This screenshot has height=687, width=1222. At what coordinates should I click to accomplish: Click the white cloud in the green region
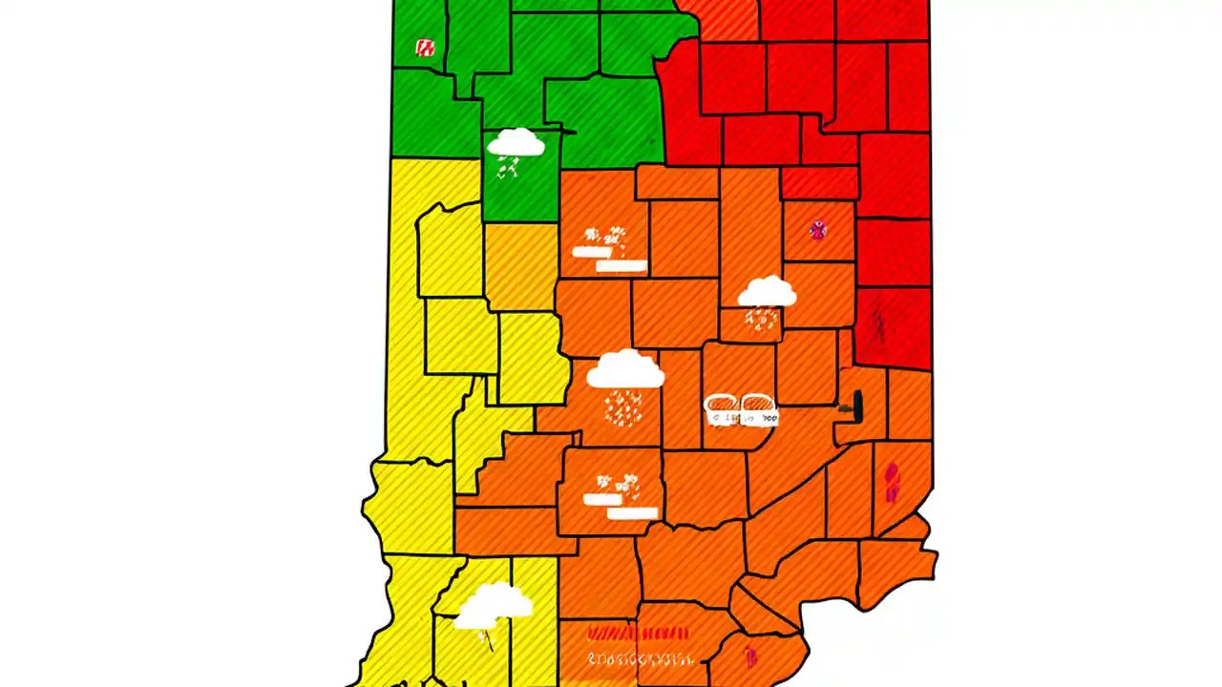click(516, 143)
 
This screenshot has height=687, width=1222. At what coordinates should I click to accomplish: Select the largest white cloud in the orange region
click(624, 369)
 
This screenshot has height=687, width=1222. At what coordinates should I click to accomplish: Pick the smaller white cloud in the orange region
click(767, 291)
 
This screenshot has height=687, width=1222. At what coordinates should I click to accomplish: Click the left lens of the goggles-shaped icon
click(722, 409)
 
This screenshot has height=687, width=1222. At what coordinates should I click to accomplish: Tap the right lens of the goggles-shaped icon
click(758, 409)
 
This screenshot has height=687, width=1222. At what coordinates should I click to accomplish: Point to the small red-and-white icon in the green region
click(425, 48)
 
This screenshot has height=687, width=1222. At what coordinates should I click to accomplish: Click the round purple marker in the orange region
click(817, 229)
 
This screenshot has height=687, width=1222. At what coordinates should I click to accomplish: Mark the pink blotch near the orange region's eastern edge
click(891, 482)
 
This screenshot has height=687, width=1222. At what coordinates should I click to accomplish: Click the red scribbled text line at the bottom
click(638, 634)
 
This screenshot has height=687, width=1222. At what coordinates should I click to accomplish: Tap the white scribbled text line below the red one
click(640, 658)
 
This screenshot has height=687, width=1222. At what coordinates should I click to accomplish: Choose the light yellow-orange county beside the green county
click(520, 267)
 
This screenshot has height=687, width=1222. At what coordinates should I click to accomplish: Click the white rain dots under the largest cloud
click(623, 407)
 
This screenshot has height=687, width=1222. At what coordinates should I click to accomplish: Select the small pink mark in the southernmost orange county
click(750, 656)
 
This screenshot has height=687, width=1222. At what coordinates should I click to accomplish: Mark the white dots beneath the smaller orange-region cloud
click(761, 319)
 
